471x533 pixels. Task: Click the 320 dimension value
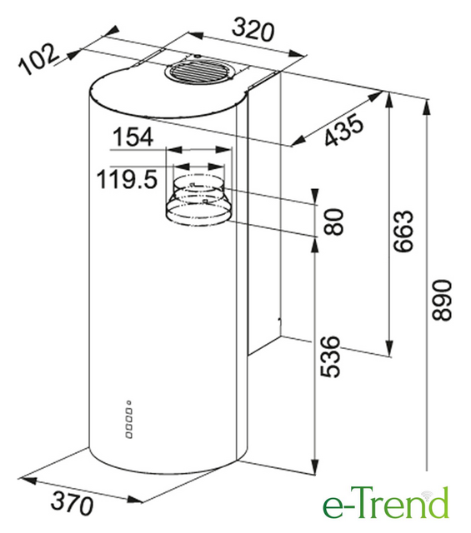(x=253, y=30)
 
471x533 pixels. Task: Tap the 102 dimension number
(x=38, y=58)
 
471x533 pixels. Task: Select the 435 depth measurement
(x=343, y=130)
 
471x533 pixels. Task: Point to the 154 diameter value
(x=133, y=137)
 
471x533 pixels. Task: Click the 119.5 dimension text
(x=128, y=179)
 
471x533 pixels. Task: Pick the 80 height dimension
(x=333, y=222)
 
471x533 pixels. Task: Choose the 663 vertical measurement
(x=403, y=232)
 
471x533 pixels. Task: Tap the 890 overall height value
(x=441, y=300)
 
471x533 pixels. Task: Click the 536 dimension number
(x=330, y=356)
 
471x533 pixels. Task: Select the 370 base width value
(x=72, y=502)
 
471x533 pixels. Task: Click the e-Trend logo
(x=386, y=502)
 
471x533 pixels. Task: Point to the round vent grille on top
(x=198, y=72)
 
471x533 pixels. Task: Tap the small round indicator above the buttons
(x=129, y=403)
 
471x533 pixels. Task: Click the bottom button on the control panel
(x=129, y=435)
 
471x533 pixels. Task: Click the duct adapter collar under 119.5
(x=198, y=200)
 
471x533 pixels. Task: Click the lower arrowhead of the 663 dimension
(x=389, y=348)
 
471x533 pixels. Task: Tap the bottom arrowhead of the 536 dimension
(x=315, y=466)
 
